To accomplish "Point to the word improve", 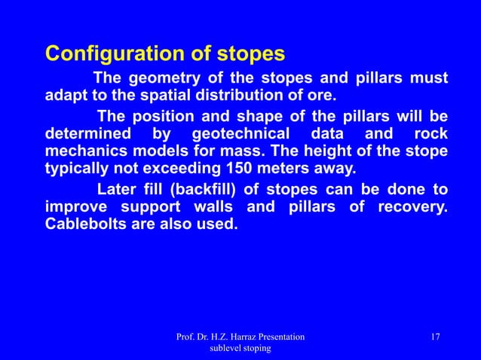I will click(75, 206).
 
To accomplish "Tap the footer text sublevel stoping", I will click(240, 349).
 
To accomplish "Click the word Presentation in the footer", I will click(278, 336).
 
